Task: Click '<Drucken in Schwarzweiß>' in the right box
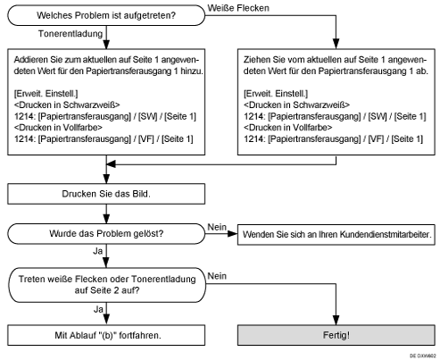292,103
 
